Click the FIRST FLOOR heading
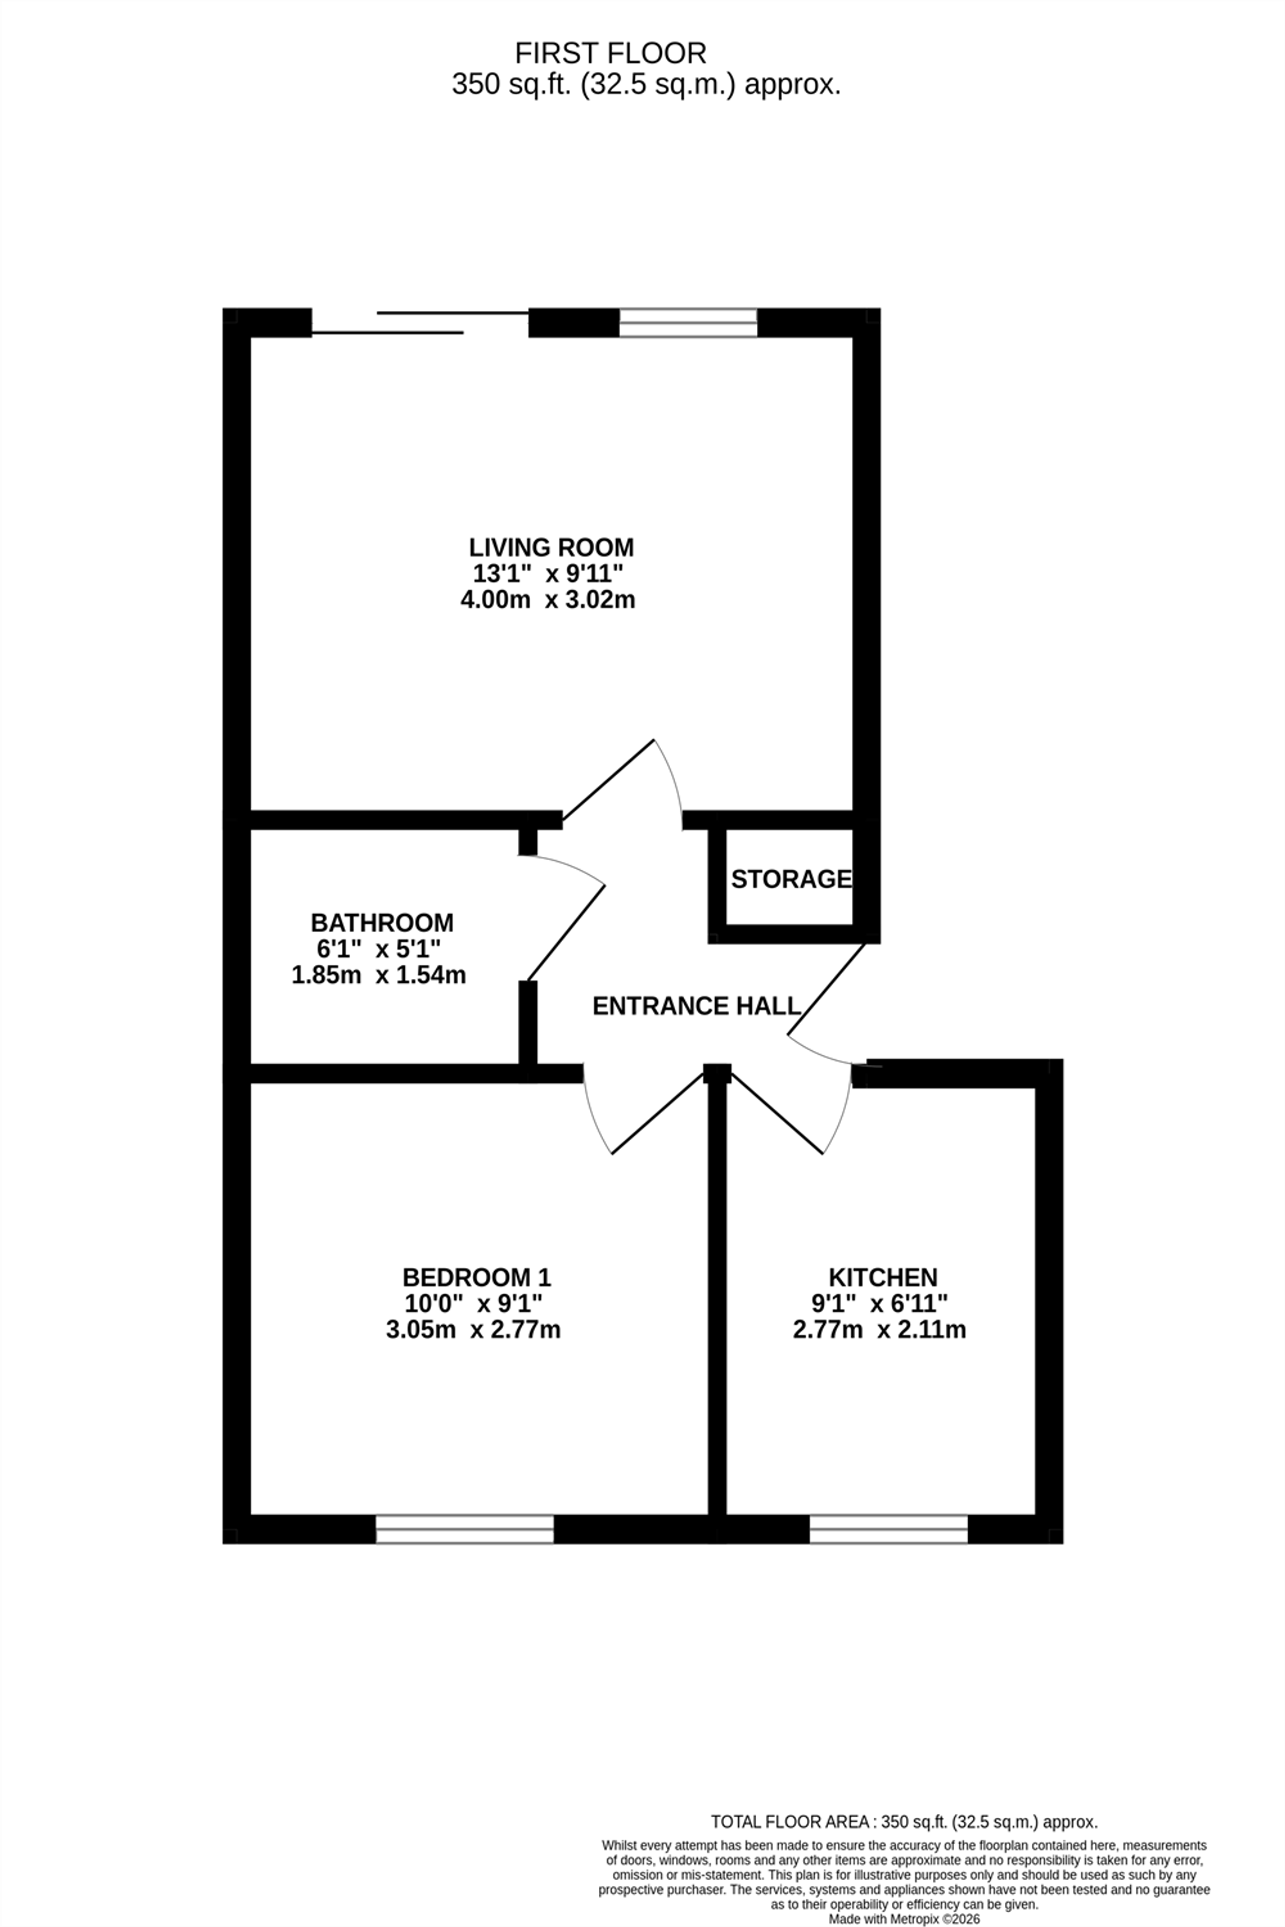point(610,54)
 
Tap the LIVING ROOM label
point(551,547)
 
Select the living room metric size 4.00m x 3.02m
point(547,600)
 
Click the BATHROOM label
point(382,922)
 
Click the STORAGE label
point(791,879)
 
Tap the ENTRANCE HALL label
point(696,1006)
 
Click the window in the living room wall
point(687,323)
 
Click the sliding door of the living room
point(420,323)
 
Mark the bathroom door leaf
point(566,933)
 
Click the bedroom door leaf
point(658,1113)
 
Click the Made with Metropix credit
point(904,1919)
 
